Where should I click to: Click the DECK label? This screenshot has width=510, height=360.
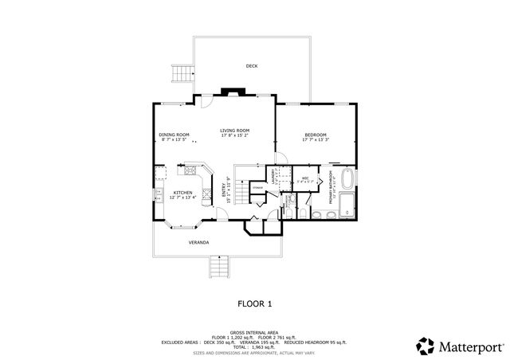tap(252, 66)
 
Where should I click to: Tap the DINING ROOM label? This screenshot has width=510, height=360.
tap(174, 135)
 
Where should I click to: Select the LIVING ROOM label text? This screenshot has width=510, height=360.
tap(235, 130)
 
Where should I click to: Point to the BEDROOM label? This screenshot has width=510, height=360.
tap(316, 135)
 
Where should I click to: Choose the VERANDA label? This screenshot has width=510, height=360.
tap(199, 241)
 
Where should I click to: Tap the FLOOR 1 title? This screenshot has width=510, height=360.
tap(255, 303)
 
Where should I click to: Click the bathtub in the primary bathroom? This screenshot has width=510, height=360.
tap(347, 178)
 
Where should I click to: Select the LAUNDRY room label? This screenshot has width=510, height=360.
tap(273, 176)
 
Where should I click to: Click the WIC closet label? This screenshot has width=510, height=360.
tap(305, 178)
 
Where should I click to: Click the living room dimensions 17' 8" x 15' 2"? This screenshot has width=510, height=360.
tap(235, 135)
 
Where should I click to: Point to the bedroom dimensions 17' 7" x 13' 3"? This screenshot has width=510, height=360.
tap(316, 140)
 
